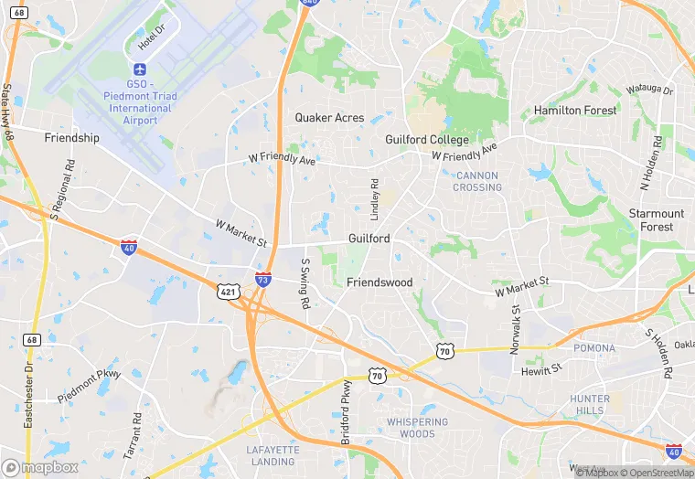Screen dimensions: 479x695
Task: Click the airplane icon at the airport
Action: click(x=140, y=70)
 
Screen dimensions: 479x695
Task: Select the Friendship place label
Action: click(x=71, y=138)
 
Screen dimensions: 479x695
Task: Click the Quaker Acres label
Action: click(x=329, y=118)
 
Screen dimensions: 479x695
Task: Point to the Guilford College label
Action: click(x=427, y=140)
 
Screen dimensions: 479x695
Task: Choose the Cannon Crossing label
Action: click(x=477, y=181)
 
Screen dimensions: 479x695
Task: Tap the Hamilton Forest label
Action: click(x=575, y=111)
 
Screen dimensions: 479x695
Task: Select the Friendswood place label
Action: click(x=380, y=282)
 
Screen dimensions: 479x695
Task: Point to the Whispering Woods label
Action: click(x=417, y=428)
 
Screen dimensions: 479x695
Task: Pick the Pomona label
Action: click(x=594, y=349)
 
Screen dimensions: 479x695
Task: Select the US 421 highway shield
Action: click(x=229, y=291)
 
